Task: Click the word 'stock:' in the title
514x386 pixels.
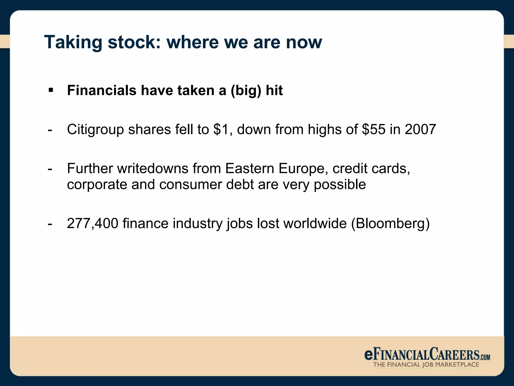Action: (134, 42)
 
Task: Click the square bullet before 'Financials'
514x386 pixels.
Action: (51, 90)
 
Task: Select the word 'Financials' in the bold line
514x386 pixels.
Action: (102, 90)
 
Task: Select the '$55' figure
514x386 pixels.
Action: (373, 129)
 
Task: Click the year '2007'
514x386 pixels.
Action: (420, 129)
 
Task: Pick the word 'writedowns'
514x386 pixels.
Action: (153, 168)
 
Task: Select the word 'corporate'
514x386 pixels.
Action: (97, 185)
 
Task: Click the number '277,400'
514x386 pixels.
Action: (92, 223)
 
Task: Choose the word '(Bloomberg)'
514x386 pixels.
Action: (390, 224)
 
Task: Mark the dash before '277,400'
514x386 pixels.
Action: (50, 224)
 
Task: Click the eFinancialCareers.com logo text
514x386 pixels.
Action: (427, 354)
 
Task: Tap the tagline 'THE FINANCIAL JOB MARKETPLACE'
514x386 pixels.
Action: (426, 364)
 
